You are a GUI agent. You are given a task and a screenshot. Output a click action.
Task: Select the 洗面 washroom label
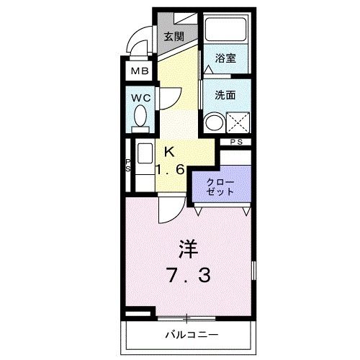225,94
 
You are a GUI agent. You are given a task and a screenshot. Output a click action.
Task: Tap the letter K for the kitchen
169,152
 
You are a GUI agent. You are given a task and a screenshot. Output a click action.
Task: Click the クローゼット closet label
220,186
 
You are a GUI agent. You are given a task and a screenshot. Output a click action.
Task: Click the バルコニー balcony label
190,335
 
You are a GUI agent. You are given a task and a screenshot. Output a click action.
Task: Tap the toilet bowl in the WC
141,116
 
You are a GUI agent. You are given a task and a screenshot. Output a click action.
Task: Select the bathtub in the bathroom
225,30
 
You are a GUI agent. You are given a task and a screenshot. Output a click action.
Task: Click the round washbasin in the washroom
212,122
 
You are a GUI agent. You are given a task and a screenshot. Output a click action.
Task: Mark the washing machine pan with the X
238,122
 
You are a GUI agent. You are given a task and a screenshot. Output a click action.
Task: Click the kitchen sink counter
143,164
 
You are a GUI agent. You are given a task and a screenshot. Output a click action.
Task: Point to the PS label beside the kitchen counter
128,167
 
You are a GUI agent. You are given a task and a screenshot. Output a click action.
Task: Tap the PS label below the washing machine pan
236,142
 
